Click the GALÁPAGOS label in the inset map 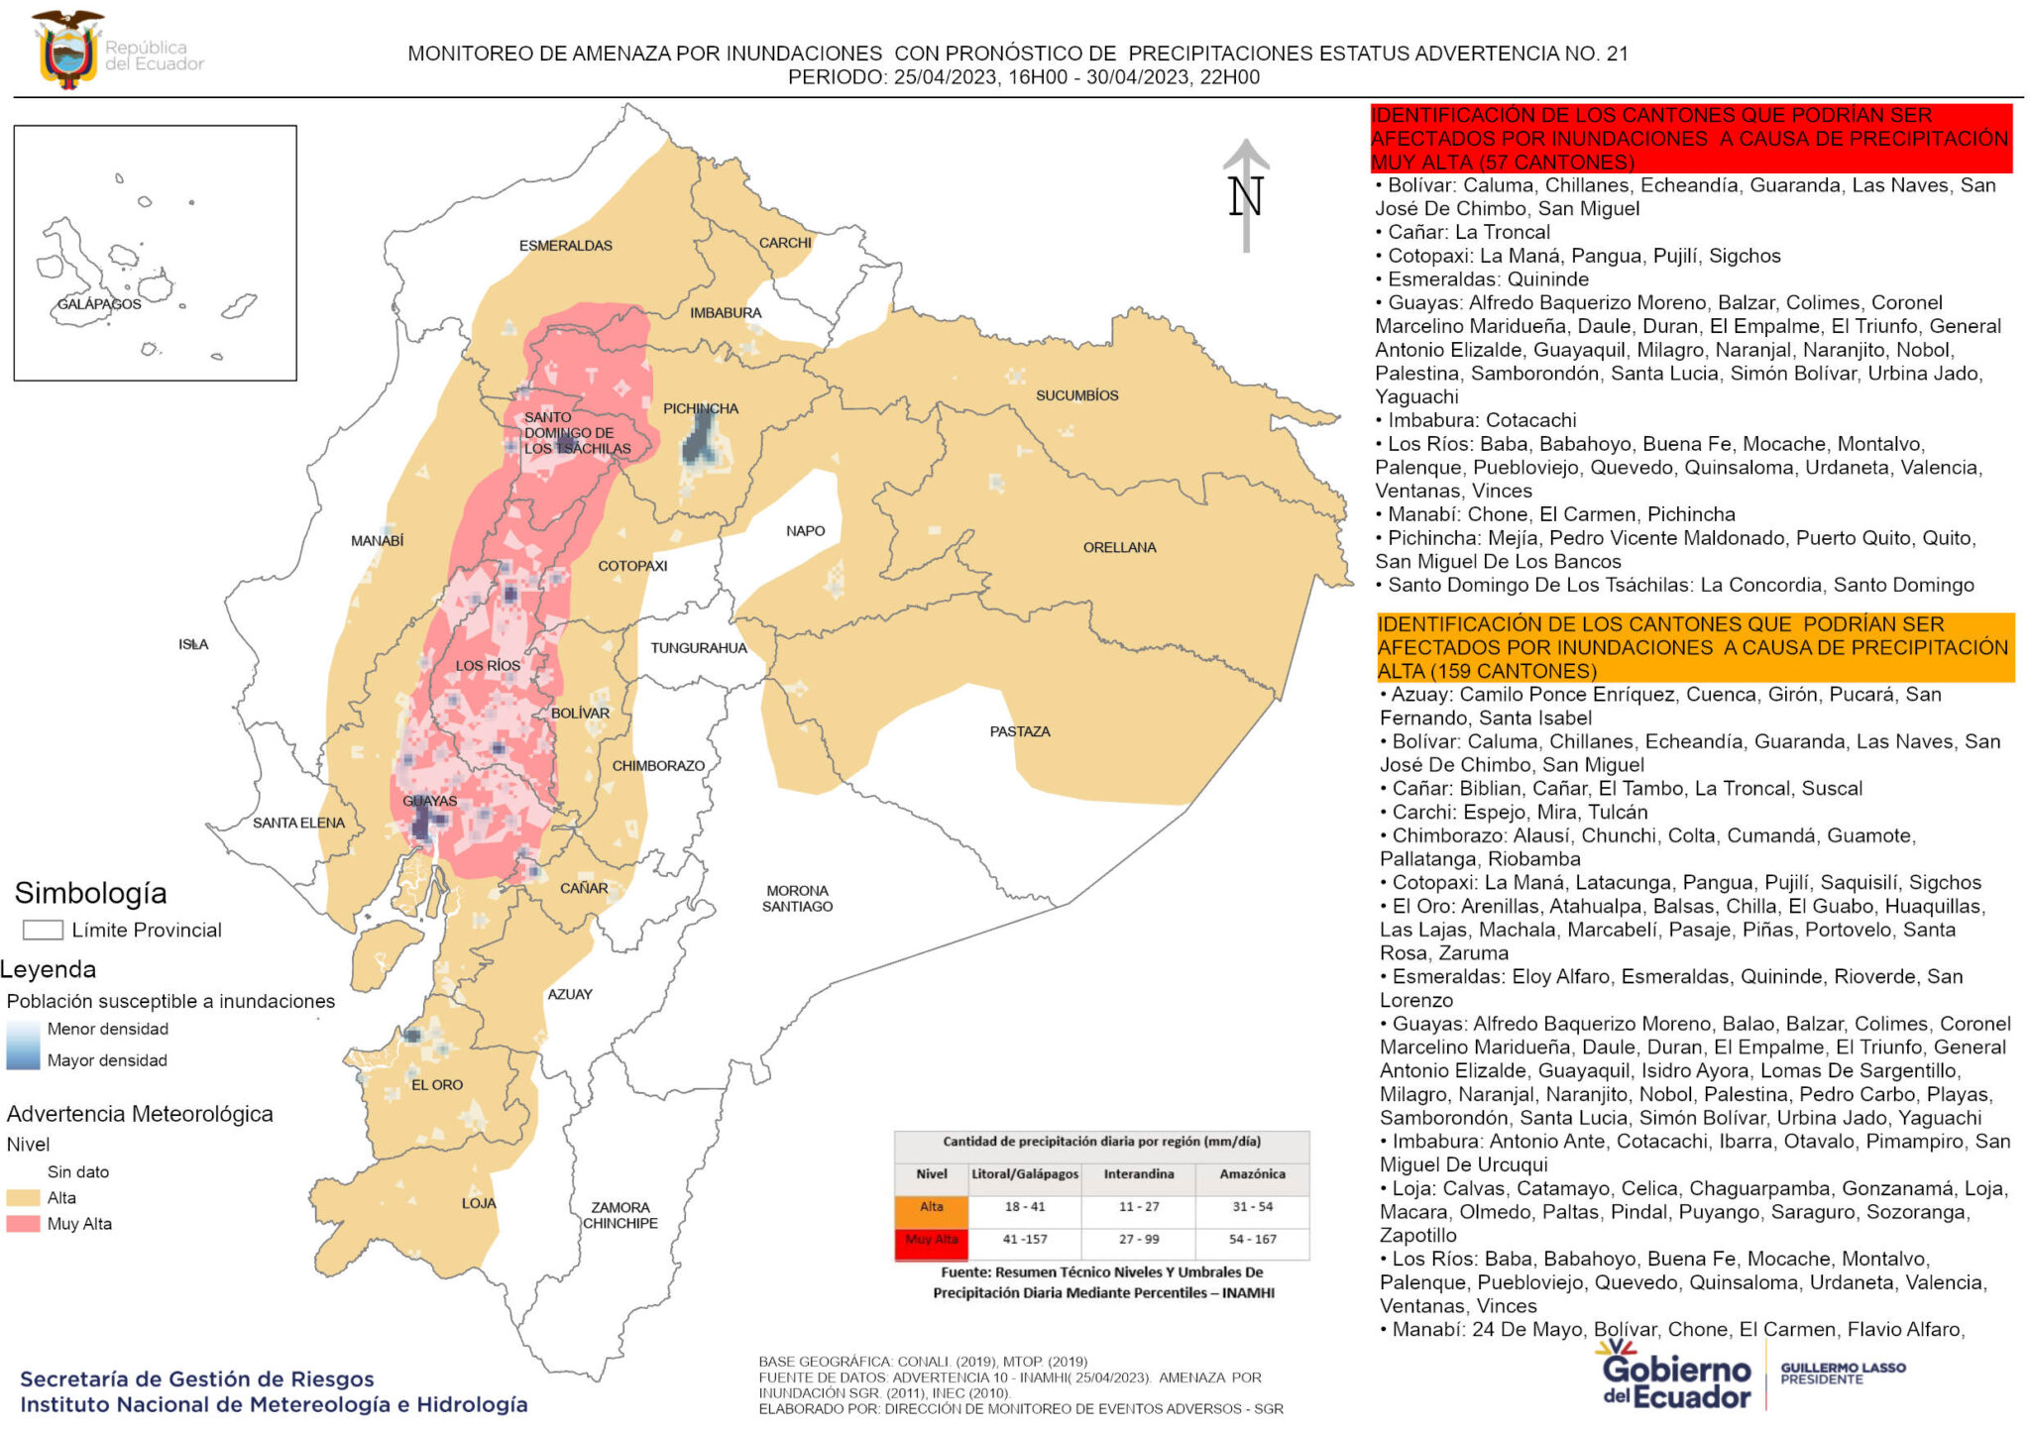pyautogui.click(x=99, y=304)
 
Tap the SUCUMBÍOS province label pyautogui.click(x=1076, y=395)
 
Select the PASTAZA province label pyautogui.click(x=1019, y=731)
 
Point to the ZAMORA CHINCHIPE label pyautogui.click(x=620, y=1215)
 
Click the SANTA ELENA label pyautogui.click(x=298, y=823)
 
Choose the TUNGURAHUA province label pyautogui.click(x=698, y=648)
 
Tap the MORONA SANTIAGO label pyautogui.click(x=797, y=899)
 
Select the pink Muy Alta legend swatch pyautogui.click(x=23, y=1224)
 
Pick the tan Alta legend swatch pyautogui.click(x=23, y=1197)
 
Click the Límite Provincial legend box pyautogui.click(x=43, y=930)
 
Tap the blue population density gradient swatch pyautogui.click(x=23, y=1045)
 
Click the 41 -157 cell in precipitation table pyautogui.click(x=1024, y=1240)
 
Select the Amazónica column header pyautogui.click(x=1252, y=1174)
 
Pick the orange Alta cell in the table pyautogui.click(x=931, y=1207)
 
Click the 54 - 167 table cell pyautogui.click(x=1252, y=1240)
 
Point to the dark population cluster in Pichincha pyautogui.click(x=701, y=439)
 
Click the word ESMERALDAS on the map pyautogui.click(x=565, y=246)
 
